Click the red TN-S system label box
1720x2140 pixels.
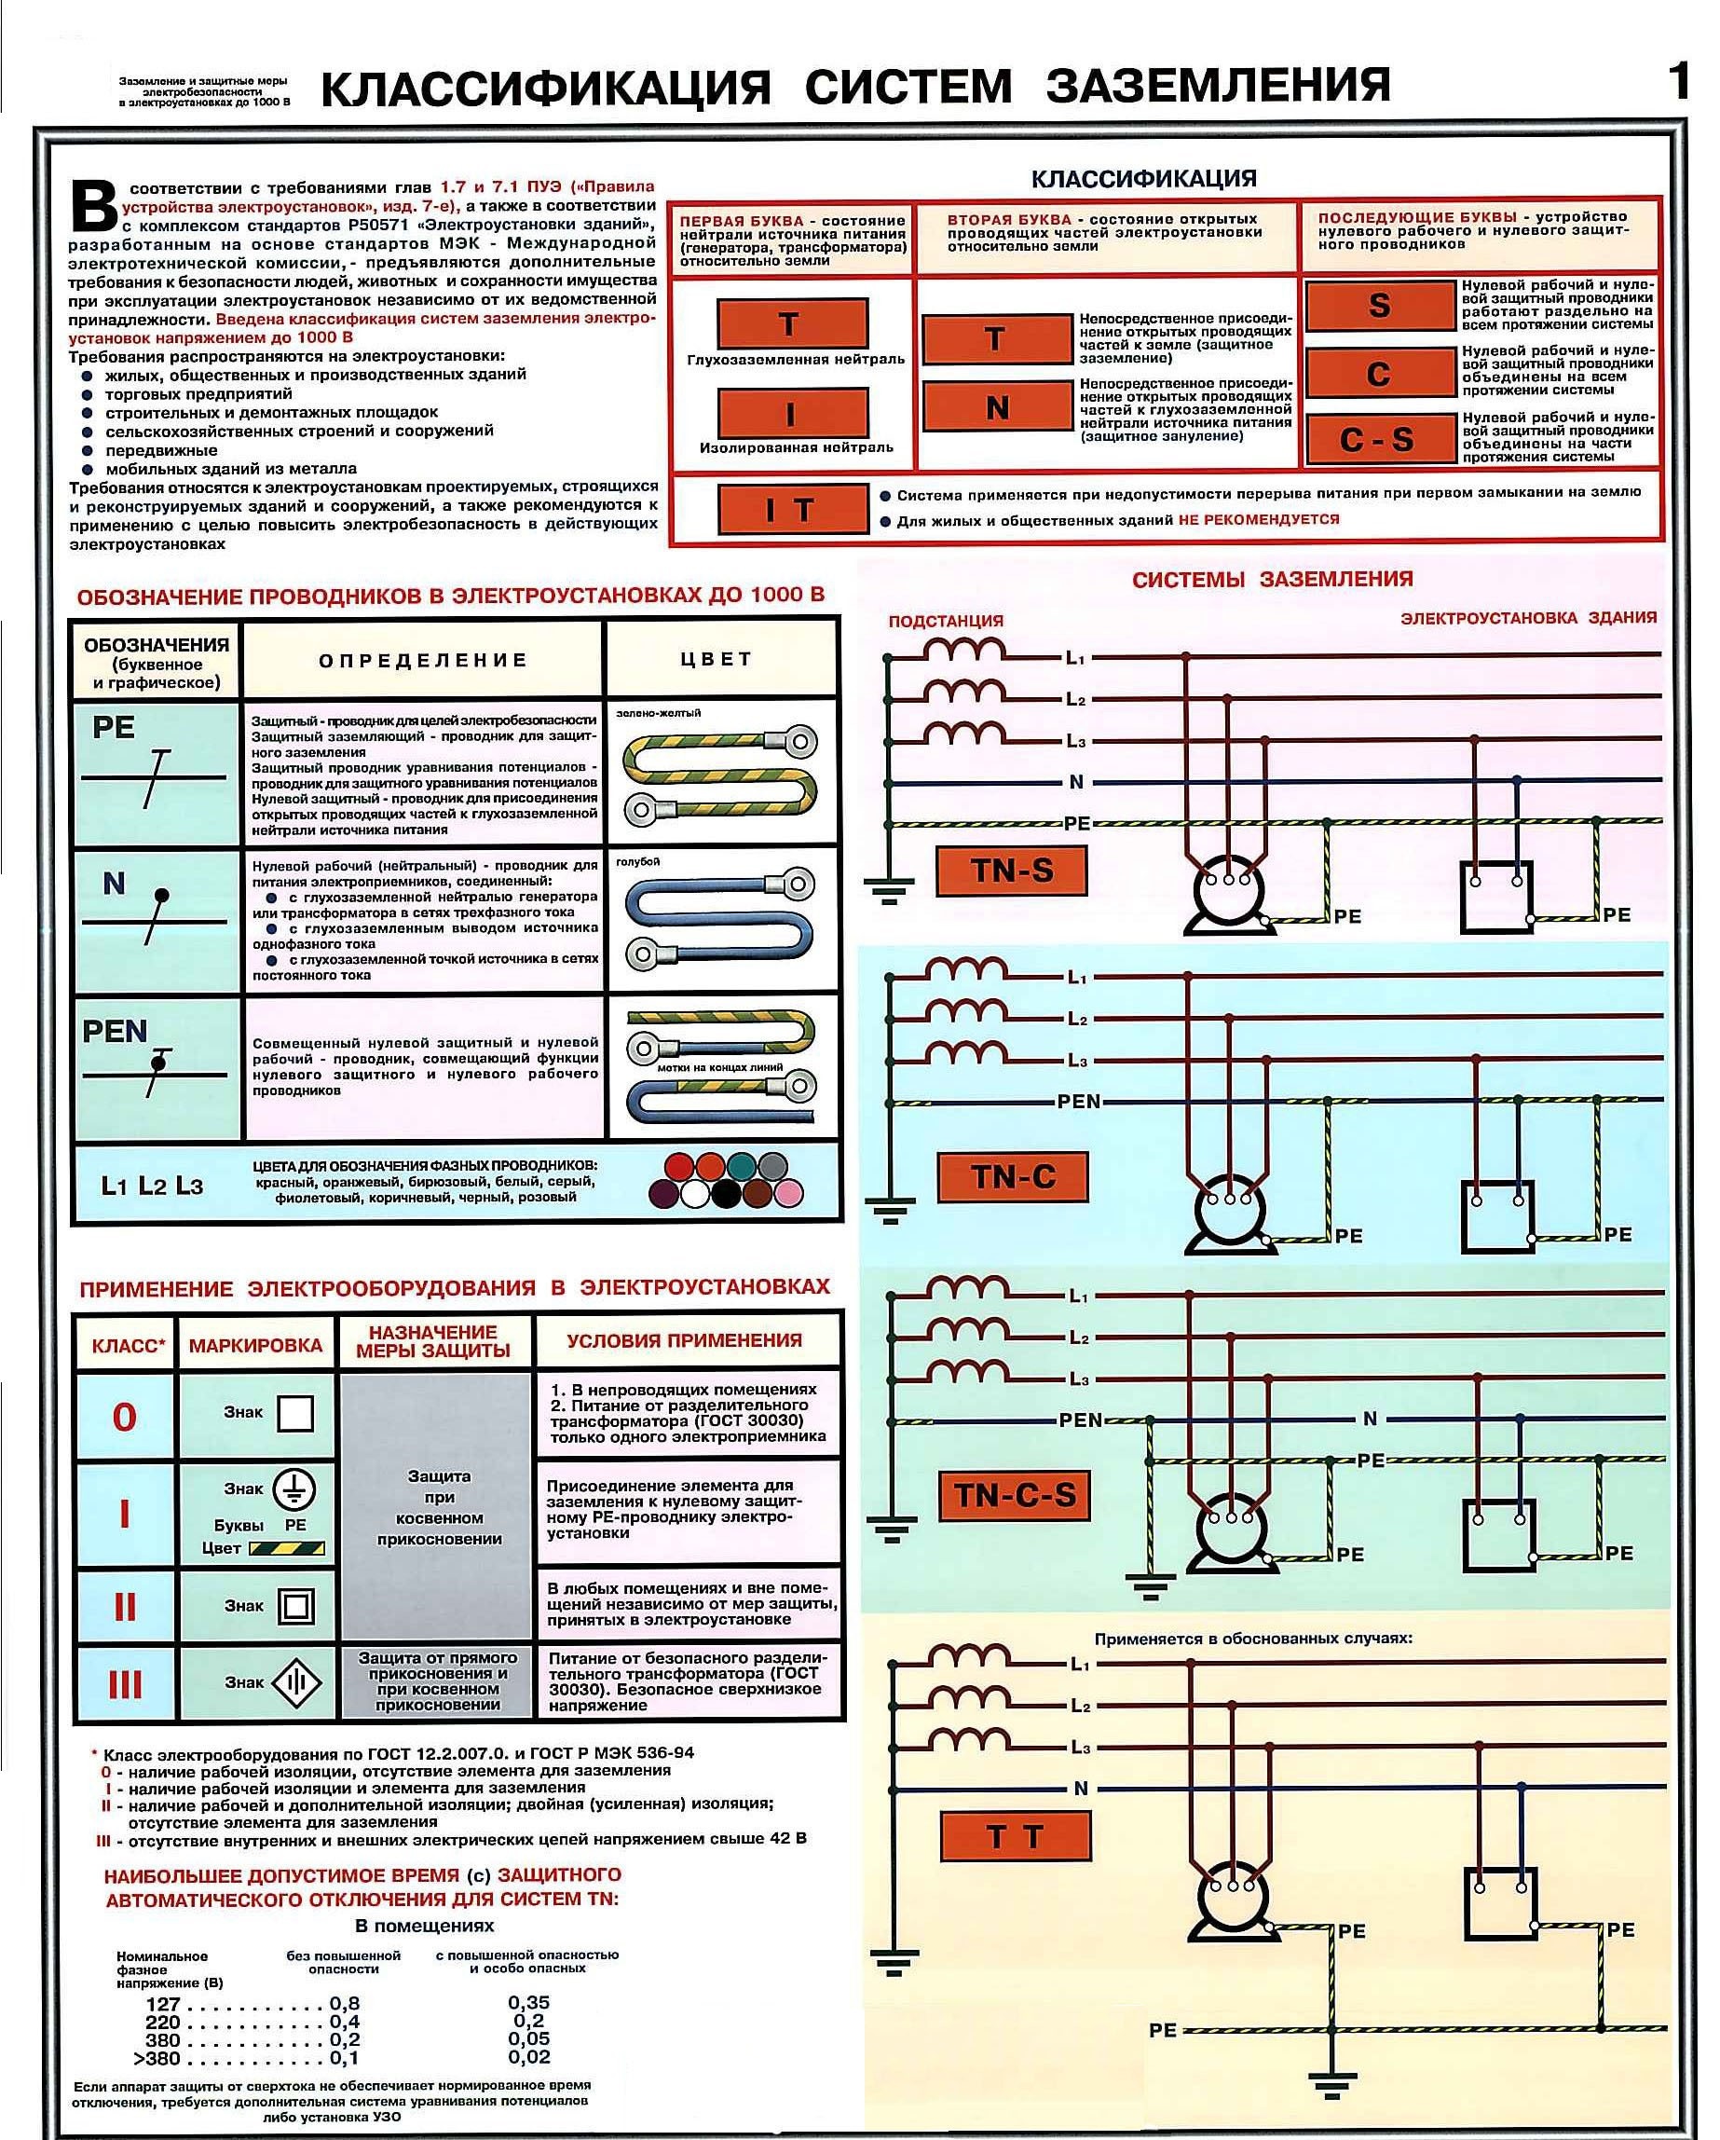tap(1011, 871)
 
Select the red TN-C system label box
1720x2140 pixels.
tap(1013, 1177)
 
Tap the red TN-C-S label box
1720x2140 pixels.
tap(1015, 1495)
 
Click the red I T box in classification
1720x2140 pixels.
tap(792, 509)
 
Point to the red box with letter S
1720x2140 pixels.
tap(1380, 306)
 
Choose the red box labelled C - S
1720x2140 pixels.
tap(1380, 440)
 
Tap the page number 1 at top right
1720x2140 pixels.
tap(1677, 80)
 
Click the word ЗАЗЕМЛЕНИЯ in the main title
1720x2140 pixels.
tap(1218, 87)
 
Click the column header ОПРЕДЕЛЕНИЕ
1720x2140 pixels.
tap(423, 660)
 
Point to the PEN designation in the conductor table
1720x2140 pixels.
tap(116, 1031)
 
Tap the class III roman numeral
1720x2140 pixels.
tap(125, 1684)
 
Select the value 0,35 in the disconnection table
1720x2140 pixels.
tap(528, 2003)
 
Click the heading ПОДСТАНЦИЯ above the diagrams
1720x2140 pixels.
tap(946, 622)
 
